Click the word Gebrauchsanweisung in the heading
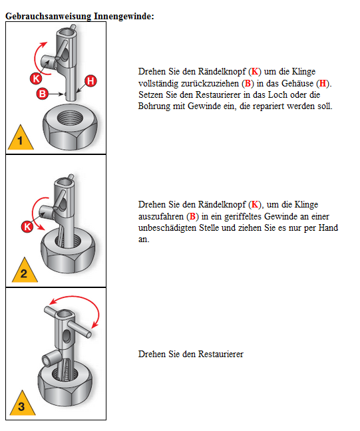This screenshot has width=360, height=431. [x=49, y=17]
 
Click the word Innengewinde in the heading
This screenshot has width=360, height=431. [x=122, y=16]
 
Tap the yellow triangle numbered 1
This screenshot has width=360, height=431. [x=21, y=138]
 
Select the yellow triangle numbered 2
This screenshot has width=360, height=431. [x=25, y=271]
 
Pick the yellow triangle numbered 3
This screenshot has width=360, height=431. [x=22, y=404]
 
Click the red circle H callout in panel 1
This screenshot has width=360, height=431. [x=90, y=81]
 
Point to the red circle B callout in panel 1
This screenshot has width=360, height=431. [x=43, y=94]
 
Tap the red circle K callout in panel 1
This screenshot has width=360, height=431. [x=36, y=78]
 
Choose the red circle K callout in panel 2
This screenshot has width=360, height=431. [x=27, y=227]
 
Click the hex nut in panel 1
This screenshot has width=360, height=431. [x=71, y=127]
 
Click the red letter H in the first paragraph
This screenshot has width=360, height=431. [x=323, y=83]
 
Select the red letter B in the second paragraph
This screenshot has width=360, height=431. [x=192, y=217]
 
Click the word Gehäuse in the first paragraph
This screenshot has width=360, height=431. [x=297, y=83]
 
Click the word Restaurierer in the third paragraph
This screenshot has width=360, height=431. [x=220, y=354]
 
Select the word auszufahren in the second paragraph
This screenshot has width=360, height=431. [x=161, y=217]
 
